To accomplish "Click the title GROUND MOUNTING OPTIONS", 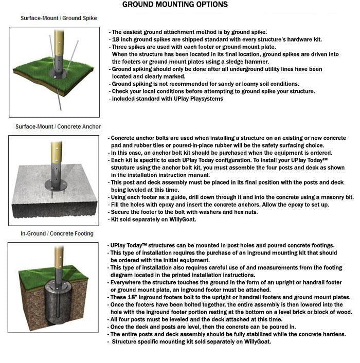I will pyautogui.click(x=175, y=5).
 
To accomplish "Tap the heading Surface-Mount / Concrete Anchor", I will pyautogui.click(x=58, y=126).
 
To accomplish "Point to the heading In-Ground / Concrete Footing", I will pyautogui.click(x=57, y=233).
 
